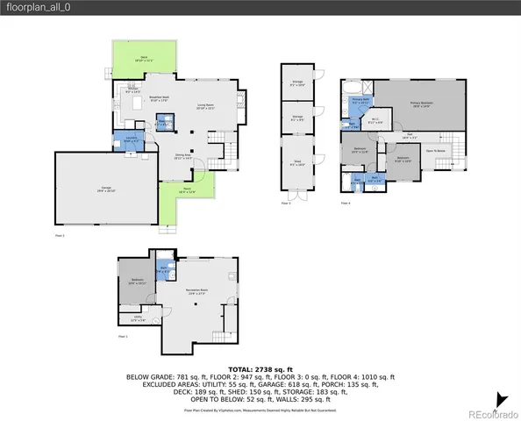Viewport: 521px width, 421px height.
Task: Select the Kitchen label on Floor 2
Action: (133, 89)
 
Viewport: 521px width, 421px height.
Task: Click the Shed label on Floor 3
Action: (293, 162)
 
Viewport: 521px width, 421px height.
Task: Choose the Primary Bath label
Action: (360, 101)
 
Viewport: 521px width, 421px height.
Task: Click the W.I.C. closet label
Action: (374, 122)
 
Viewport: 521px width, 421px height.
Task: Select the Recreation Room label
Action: (196, 291)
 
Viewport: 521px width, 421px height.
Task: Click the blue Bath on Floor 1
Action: (162, 271)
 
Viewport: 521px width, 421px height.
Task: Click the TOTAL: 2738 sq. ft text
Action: (260, 370)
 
